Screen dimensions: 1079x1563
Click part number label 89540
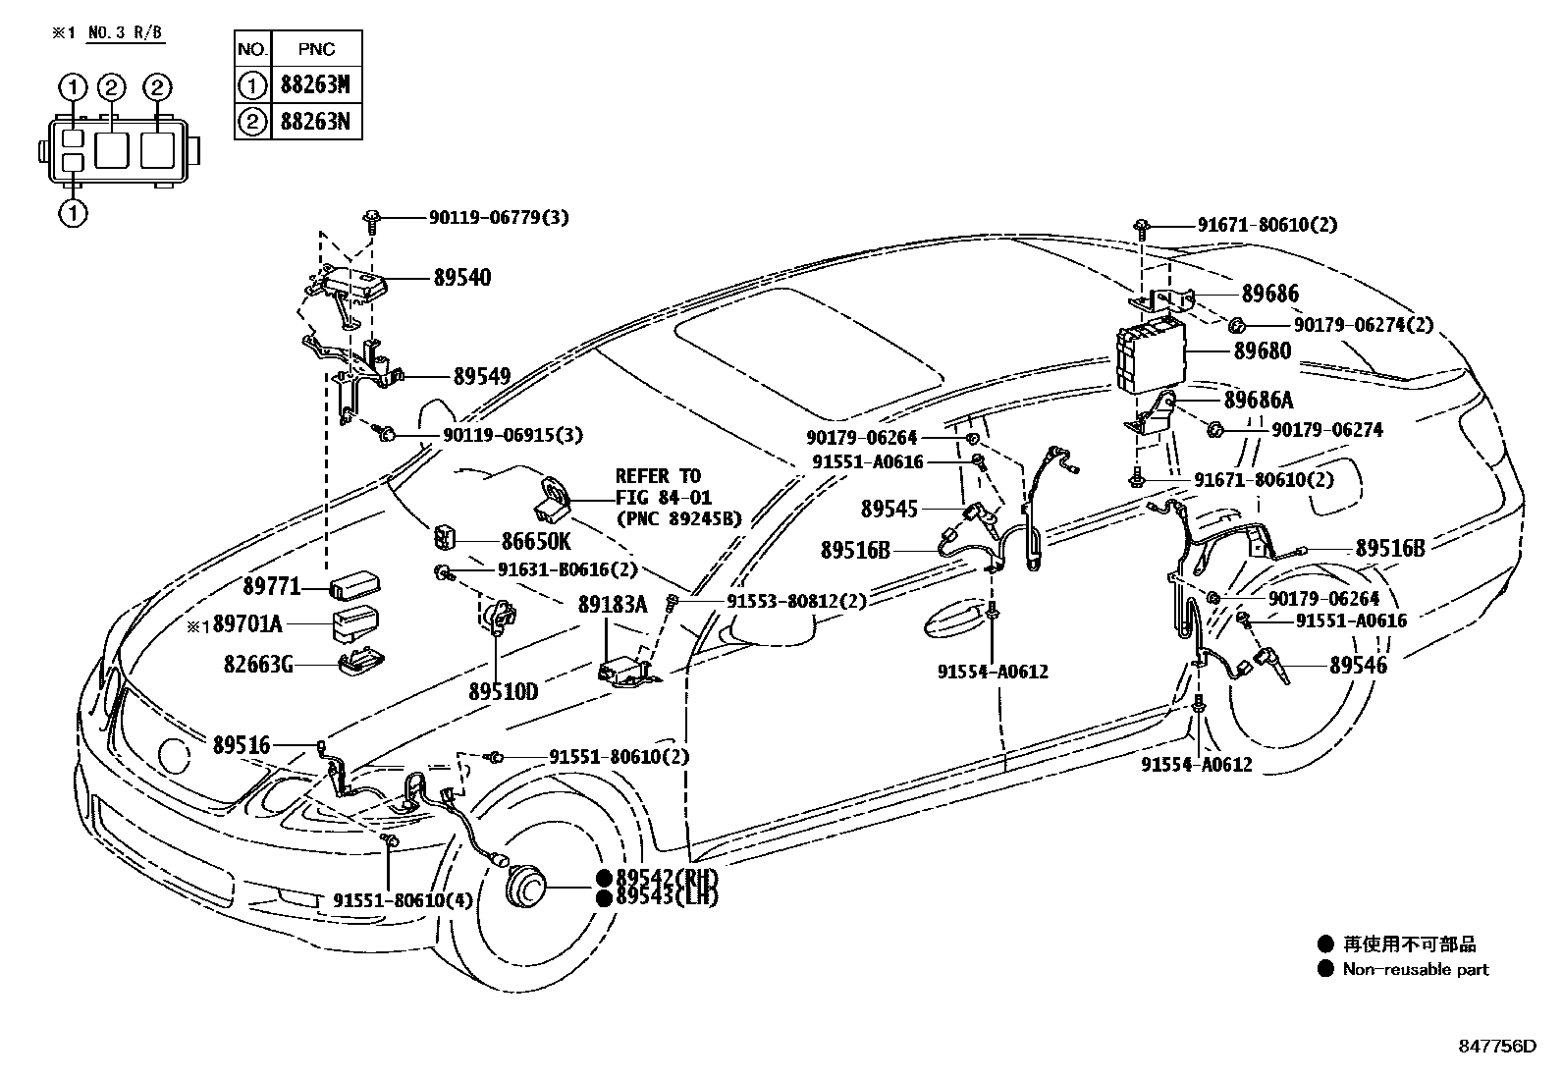462,278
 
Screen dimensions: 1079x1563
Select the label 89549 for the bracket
482,376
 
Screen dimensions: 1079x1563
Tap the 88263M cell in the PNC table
314,85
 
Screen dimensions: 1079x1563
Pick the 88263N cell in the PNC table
314,122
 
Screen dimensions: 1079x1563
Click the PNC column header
315,49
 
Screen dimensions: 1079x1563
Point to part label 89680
1263,351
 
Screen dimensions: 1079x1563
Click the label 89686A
1259,400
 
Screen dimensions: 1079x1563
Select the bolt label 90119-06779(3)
498,218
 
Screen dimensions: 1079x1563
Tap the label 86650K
535,541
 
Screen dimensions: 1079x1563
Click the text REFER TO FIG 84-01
663,487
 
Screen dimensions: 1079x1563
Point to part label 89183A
613,604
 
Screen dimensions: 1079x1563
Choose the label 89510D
503,692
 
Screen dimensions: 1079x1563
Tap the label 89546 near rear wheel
1359,665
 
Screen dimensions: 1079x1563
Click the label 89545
889,509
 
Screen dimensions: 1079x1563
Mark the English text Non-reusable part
1416,969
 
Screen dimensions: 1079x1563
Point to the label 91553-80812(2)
796,601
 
